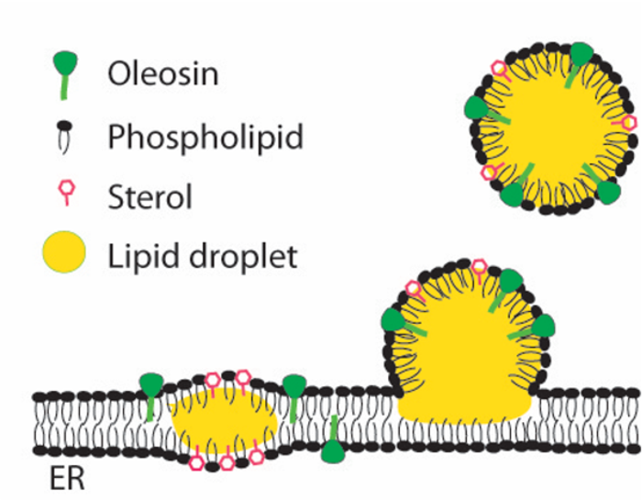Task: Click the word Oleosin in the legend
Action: [162, 72]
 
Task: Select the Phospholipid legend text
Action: [205, 138]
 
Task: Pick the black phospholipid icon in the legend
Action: [64, 136]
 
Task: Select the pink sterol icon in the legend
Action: [65, 192]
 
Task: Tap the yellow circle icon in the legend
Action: [64, 252]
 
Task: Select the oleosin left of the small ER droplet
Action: [150, 389]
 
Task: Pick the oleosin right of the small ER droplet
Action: [294, 390]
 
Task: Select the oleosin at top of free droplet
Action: [580, 57]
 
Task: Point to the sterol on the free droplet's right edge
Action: [629, 122]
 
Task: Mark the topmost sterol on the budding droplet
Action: [478, 267]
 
